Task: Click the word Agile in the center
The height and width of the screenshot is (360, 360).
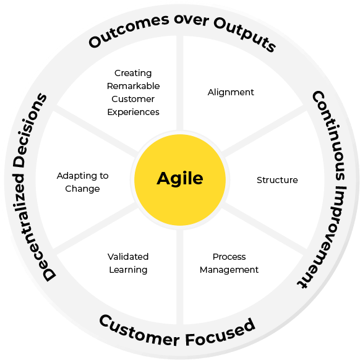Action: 180,179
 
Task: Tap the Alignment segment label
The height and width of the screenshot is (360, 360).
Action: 231,92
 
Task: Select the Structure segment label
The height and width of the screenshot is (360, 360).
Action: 277,180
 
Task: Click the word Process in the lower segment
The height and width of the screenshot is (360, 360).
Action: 229,257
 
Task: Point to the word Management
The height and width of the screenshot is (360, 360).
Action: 229,270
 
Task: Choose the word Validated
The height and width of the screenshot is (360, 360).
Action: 128,257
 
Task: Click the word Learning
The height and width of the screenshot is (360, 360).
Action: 128,270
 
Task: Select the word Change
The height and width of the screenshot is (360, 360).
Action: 82,189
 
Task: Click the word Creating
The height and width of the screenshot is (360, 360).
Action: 133,74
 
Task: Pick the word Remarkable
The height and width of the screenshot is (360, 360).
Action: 133,86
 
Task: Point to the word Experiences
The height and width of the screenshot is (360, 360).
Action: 133,113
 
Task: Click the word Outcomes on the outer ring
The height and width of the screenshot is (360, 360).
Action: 129,30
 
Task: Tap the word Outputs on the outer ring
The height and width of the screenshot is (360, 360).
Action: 245,34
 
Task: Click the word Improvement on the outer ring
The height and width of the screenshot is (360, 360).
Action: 324,237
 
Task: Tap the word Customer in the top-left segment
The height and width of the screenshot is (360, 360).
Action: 133,99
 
